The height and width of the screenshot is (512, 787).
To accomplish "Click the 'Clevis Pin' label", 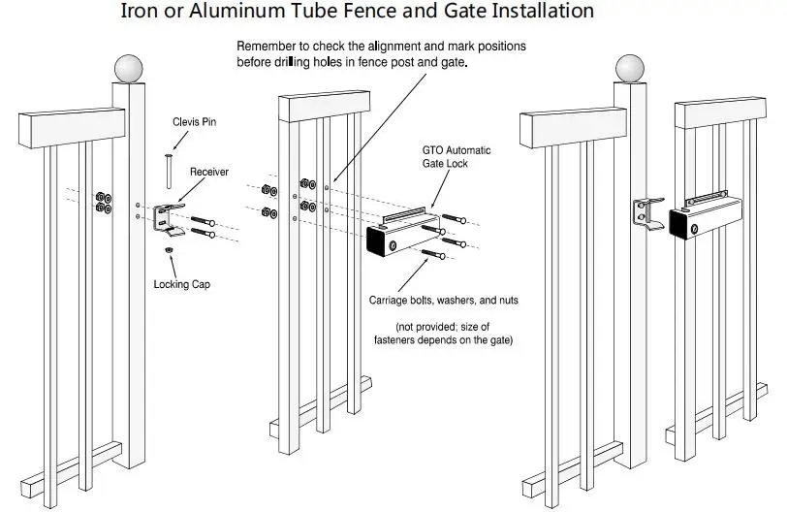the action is [194, 122].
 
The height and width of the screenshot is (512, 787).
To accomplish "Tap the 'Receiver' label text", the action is [208, 172].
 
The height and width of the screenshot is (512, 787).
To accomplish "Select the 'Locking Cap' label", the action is [181, 285].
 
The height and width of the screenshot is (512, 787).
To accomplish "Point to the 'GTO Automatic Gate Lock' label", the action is [456, 157].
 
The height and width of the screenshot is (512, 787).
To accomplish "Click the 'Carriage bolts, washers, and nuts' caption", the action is [443, 301].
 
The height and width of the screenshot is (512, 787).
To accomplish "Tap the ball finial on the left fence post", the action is [129, 69].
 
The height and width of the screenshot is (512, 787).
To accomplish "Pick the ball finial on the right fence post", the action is [630, 69].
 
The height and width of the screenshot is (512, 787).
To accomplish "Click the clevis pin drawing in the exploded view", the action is [169, 172].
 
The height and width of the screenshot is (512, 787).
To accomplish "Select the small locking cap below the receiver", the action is [170, 249].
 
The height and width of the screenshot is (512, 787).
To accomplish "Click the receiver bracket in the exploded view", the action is [168, 219].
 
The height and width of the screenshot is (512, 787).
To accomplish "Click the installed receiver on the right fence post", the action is [648, 214].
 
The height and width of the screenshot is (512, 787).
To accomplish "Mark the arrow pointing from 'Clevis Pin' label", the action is [180, 141].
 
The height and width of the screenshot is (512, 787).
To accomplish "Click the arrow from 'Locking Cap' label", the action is [173, 266].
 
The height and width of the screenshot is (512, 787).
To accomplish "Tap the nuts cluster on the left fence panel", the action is [104, 203].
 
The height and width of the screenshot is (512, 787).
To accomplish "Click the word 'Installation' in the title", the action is [543, 11].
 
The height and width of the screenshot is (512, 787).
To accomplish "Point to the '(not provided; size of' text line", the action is [442, 327].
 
